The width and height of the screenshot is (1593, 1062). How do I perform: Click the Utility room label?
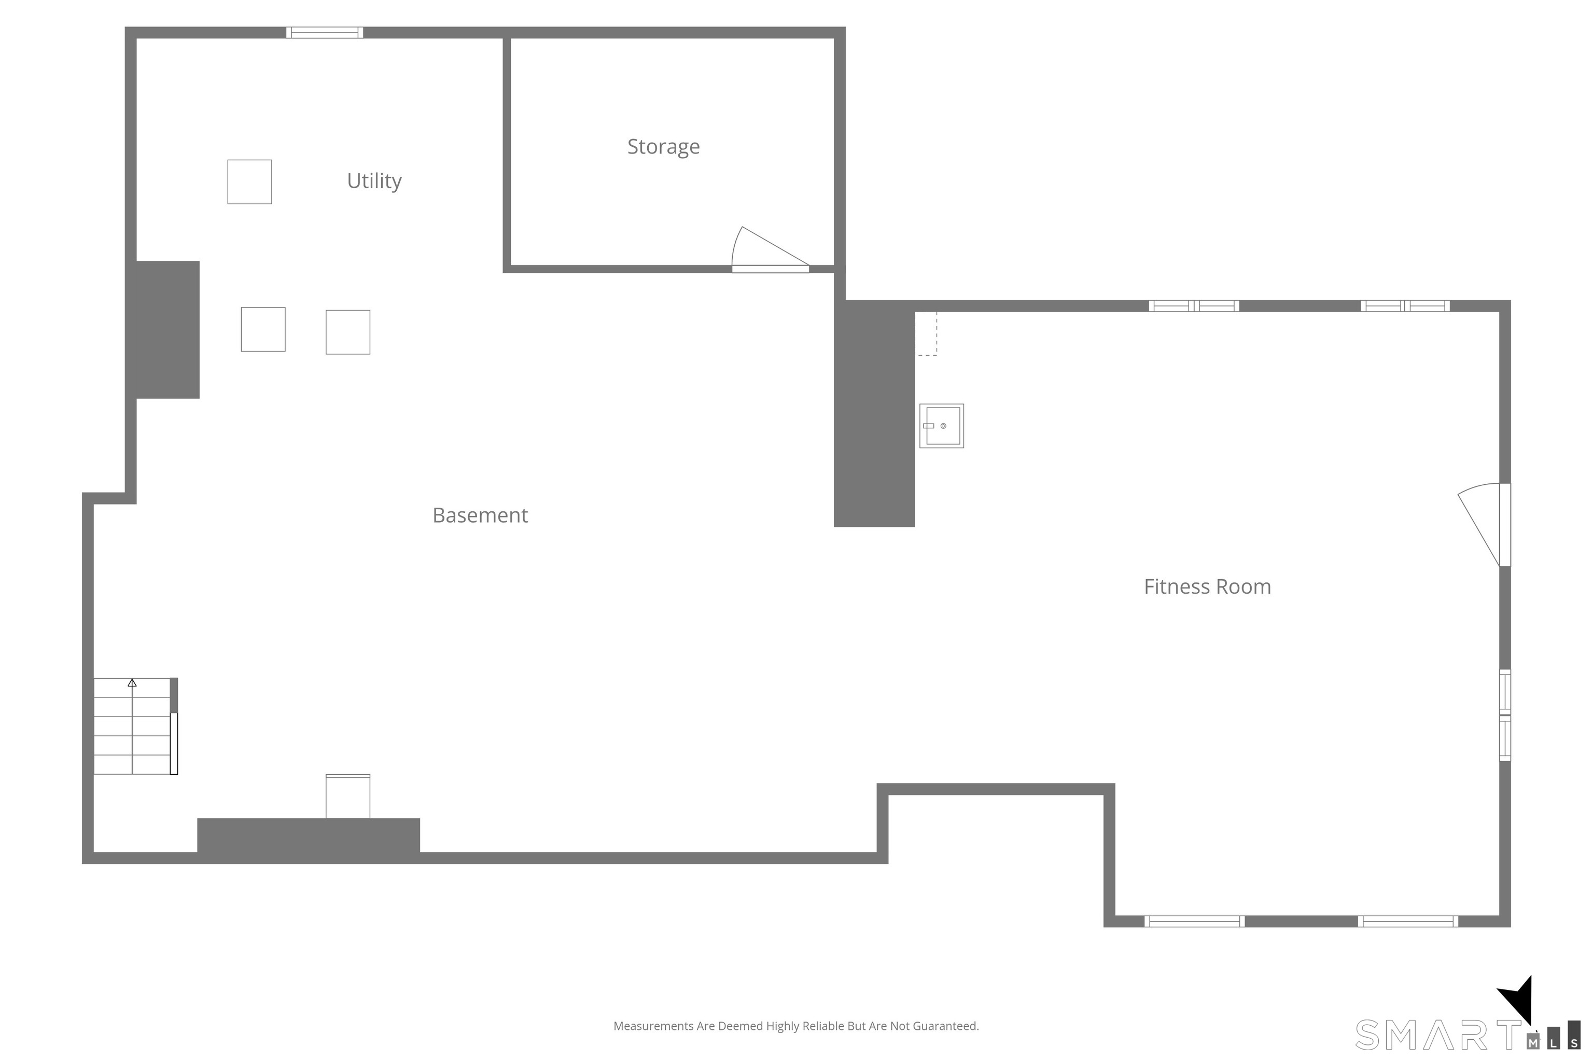[x=374, y=181]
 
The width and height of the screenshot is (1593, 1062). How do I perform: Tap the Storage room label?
[x=663, y=146]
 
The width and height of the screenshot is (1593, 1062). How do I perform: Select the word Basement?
[x=480, y=515]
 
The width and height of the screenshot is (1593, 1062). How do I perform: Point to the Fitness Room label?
[x=1207, y=586]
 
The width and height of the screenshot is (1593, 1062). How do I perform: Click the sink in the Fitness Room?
[x=942, y=426]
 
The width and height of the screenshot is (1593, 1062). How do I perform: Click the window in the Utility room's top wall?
[x=325, y=33]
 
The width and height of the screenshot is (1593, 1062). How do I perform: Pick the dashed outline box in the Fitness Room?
[x=926, y=333]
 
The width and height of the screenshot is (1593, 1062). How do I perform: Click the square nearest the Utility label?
[x=249, y=181]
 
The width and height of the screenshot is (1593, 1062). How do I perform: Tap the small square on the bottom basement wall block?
[x=347, y=796]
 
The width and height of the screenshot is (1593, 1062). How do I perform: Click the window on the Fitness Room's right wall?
[x=1505, y=715]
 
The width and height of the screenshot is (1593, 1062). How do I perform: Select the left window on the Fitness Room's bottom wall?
[x=1194, y=921]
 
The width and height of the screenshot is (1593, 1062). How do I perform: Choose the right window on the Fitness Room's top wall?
[x=1405, y=306]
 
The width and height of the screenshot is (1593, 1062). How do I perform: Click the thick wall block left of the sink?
[x=874, y=413]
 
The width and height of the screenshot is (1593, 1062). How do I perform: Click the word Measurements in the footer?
[x=653, y=1026]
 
